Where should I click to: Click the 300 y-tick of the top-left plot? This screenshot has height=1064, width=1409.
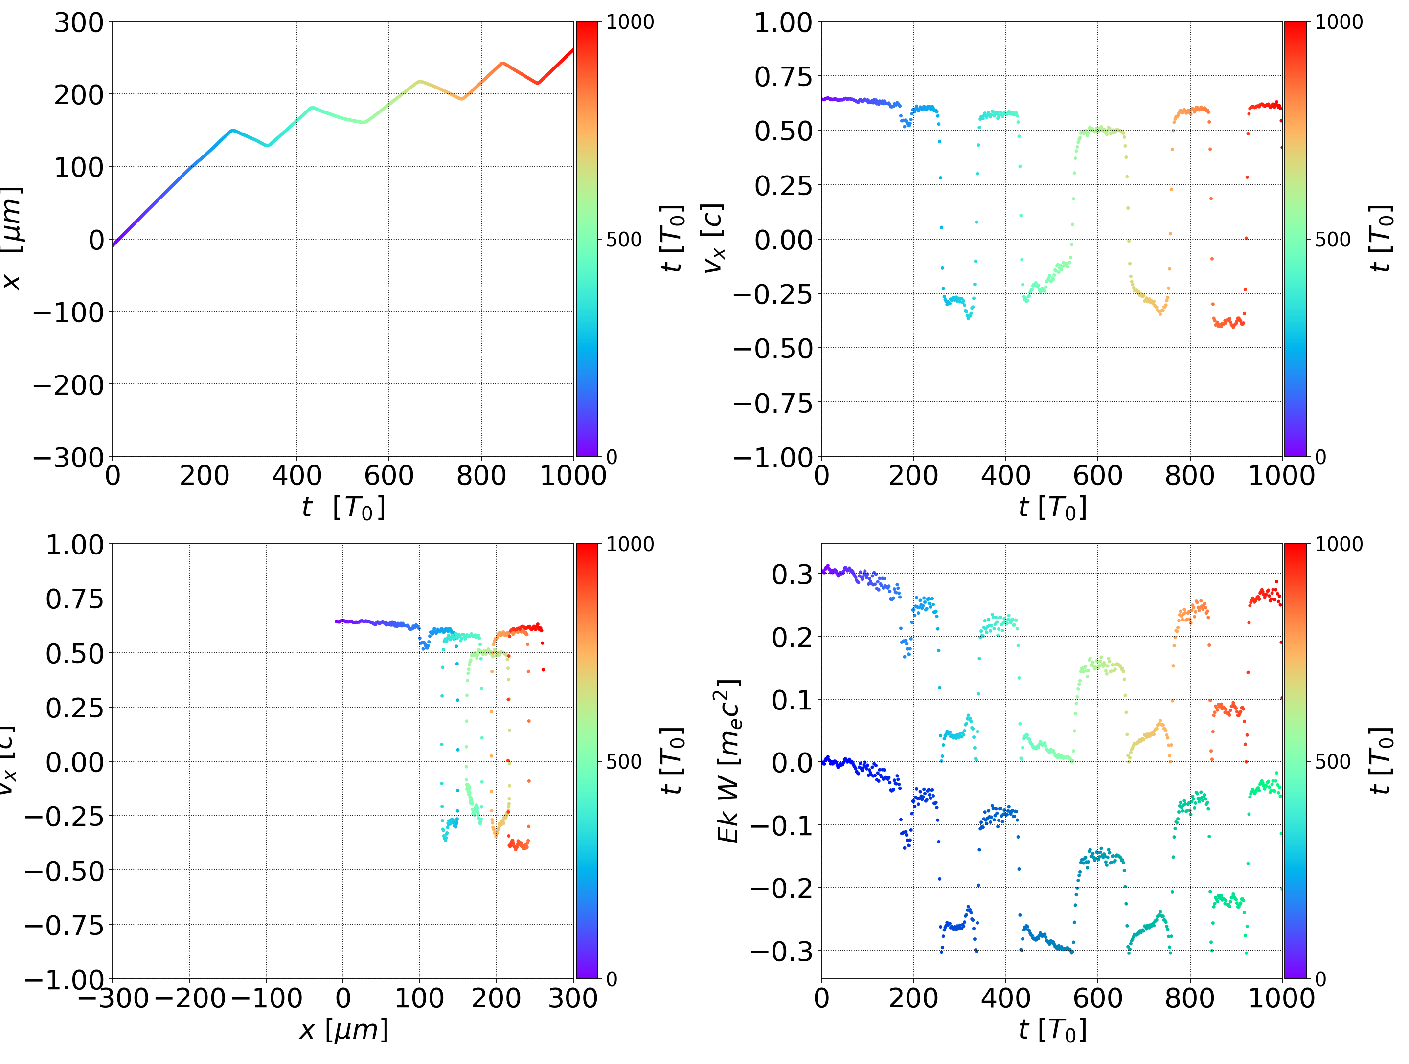pyautogui.click(x=78, y=23)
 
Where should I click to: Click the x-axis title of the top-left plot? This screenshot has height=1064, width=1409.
pyautogui.click(x=343, y=508)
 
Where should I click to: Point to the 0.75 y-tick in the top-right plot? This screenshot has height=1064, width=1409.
pyautogui.click(x=783, y=77)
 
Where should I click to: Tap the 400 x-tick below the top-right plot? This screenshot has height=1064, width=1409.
pyautogui.click(x=1005, y=476)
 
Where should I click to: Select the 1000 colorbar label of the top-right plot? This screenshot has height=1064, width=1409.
pyautogui.click(x=1339, y=22)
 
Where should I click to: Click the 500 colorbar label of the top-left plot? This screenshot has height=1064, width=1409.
pyautogui.click(x=624, y=240)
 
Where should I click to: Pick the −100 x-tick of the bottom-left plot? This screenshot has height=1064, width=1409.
pyautogui.click(x=266, y=998)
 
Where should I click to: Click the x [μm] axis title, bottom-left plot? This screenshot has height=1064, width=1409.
pyautogui.click(x=343, y=1030)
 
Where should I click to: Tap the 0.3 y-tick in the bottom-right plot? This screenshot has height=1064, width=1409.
pyautogui.click(x=793, y=575)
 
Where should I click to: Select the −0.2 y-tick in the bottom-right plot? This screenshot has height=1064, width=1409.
pyautogui.click(x=782, y=887)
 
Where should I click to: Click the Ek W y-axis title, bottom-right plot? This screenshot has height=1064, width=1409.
pyautogui.click(x=728, y=761)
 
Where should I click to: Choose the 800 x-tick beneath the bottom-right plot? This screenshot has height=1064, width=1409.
pyautogui.click(x=1189, y=998)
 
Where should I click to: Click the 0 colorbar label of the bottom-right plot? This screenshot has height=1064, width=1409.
pyautogui.click(x=1320, y=979)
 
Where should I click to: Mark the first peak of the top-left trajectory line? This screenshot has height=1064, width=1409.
pyautogui.click(x=232, y=131)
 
